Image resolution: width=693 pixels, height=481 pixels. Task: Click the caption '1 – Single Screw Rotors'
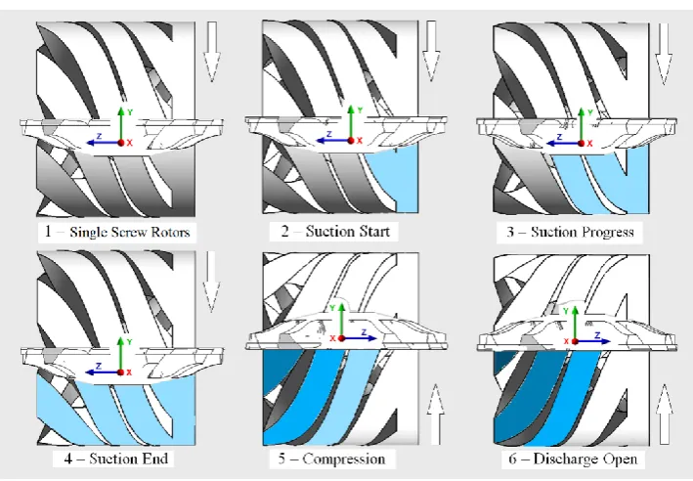coord(117,232)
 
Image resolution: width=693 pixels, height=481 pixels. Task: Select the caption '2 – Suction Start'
coord(335,232)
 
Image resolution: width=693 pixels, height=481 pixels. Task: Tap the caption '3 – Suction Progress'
coord(570,232)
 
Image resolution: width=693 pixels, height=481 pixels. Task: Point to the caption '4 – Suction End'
coord(115,459)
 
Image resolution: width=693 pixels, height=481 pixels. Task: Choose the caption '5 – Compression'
coord(331,459)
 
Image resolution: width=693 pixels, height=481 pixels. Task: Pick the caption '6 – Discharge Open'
coord(573,459)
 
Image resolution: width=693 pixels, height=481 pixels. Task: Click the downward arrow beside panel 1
coord(212,51)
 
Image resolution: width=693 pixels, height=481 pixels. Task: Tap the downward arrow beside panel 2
coord(431,51)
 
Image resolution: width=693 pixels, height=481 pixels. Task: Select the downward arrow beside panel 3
coord(664,53)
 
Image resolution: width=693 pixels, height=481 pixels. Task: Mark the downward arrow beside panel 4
coord(211,282)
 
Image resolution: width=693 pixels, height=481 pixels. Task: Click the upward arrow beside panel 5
coord(435,415)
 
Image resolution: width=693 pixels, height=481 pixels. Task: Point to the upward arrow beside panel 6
coord(665,415)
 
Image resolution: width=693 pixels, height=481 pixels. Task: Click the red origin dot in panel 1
coord(120,143)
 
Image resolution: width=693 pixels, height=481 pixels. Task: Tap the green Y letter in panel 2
coord(360,110)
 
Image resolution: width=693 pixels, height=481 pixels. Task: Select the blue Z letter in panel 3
coord(559,137)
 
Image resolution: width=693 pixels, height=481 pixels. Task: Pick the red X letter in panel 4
coord(129,372)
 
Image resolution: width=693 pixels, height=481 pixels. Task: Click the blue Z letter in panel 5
coord(364,331)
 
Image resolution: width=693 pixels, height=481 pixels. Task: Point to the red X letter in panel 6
coord(566,341)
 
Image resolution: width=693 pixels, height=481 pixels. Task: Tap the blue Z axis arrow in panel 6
coord(593,341)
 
